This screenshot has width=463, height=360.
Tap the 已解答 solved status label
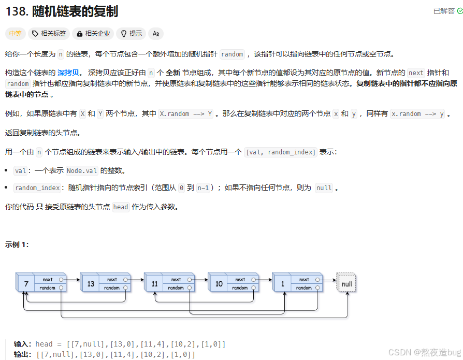[x=444, y=11]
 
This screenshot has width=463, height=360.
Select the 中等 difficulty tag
[x=16, y=34]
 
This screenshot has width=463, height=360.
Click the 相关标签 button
[x=49, y=34]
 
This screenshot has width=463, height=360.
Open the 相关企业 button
[x=93, y=34]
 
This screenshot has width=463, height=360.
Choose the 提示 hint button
[x=131, y=34]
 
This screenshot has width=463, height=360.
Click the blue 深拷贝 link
[x=70, y=73]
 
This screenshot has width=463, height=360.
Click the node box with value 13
[x=90, y=284]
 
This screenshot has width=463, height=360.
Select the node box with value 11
[x=154, y=284]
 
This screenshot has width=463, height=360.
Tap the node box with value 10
[x=218, y=284]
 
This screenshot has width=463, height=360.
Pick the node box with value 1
[x=283, y=284]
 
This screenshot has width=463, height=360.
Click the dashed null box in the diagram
[x=347, y=284]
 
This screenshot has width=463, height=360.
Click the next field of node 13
[x=112, y=280]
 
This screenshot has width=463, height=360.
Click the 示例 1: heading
[x=17, y=244]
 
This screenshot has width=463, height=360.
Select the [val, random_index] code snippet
[x=281, y=152]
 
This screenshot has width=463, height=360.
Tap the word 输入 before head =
[x=22, y=344]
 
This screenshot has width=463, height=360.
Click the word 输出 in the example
[x=22, y=354]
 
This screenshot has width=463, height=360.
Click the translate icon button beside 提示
[x=156, y=34]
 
